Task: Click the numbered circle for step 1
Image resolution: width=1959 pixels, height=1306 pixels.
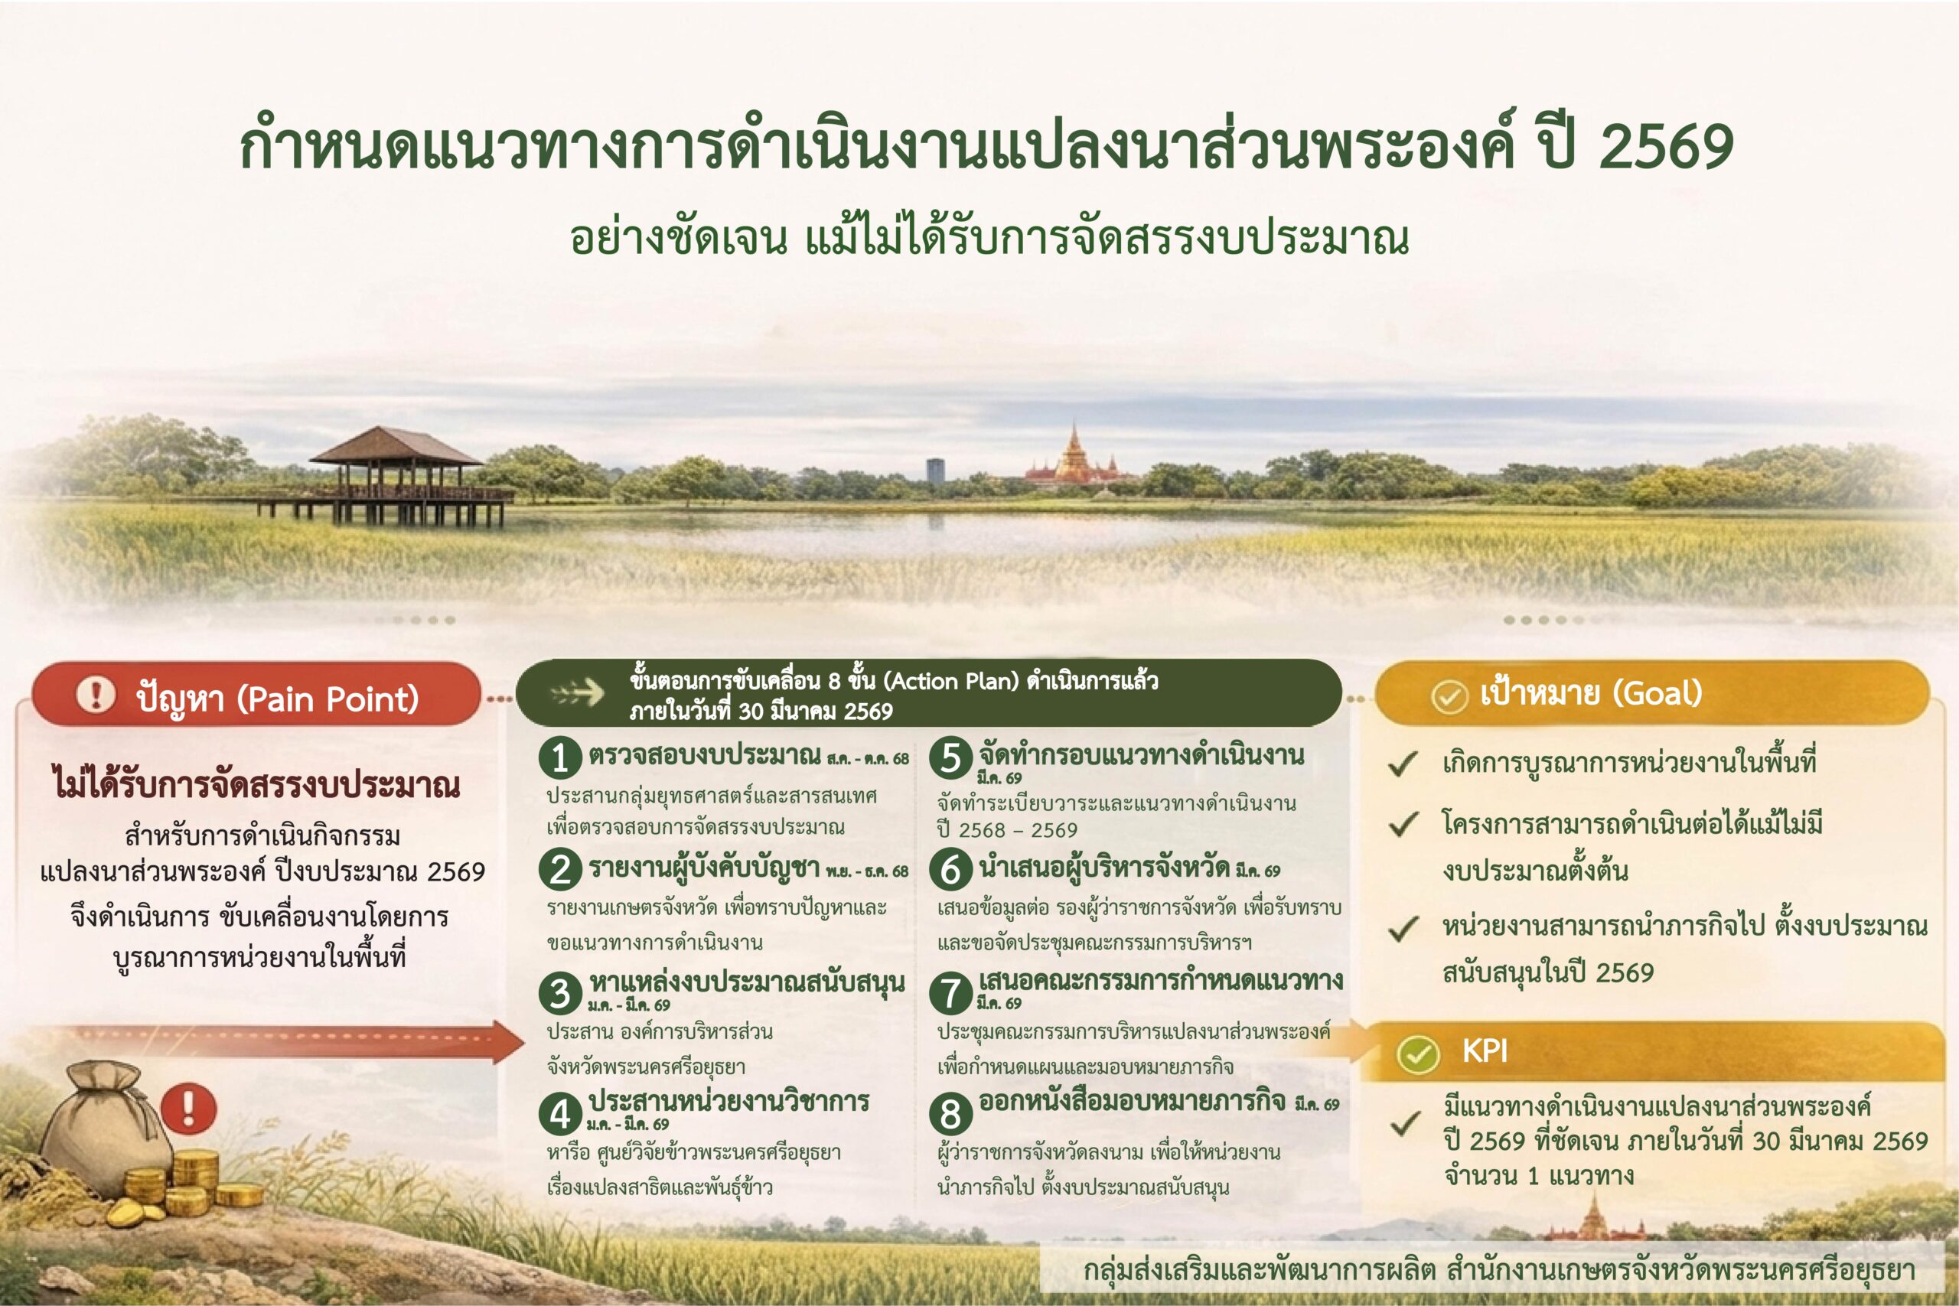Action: [x=559, y=757]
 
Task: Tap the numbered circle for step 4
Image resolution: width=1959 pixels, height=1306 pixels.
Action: [x=559, y=1114]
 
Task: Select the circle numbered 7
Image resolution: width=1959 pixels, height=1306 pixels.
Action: [x=950, y=993]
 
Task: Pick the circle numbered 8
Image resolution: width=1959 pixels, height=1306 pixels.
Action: [x=950, y=1114]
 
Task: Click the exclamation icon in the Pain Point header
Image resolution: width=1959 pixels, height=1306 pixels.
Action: [x=96, y=694]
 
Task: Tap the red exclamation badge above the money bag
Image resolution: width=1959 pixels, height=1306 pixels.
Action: [x=188, y=1109]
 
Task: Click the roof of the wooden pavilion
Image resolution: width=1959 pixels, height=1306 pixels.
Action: [x=396, y=447]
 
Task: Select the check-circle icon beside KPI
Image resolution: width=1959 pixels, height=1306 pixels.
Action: [x=1418, y=1054]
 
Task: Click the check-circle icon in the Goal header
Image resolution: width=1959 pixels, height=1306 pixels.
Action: [x=1449, y=696]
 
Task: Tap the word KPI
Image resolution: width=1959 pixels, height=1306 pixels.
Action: [x=1485, y=1051]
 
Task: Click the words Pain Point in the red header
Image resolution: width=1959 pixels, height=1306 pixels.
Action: [x=328, y=699]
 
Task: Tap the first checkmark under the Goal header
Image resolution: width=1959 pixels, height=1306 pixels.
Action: [x=1403, y=763]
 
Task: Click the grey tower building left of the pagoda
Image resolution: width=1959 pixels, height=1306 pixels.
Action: [x=935, y=469]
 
